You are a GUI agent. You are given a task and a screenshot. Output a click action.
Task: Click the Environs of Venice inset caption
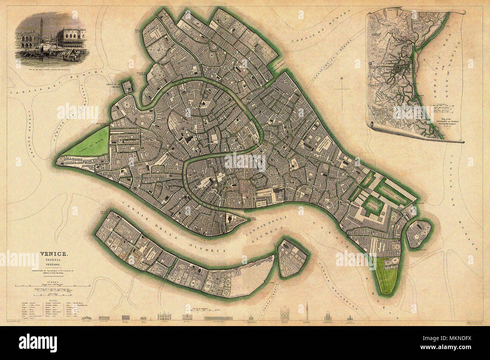pyautogui.click(x=451, y=124)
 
